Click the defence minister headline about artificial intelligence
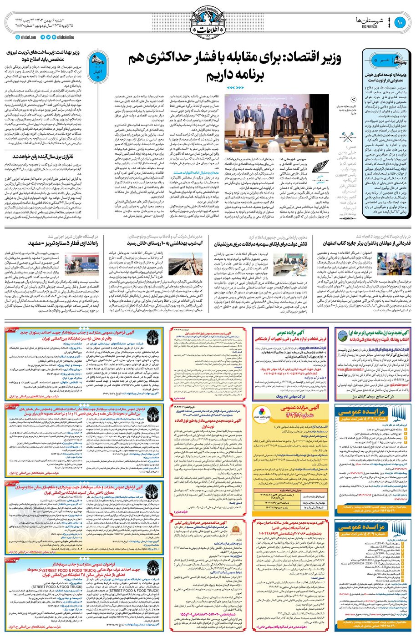pos(385,77)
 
